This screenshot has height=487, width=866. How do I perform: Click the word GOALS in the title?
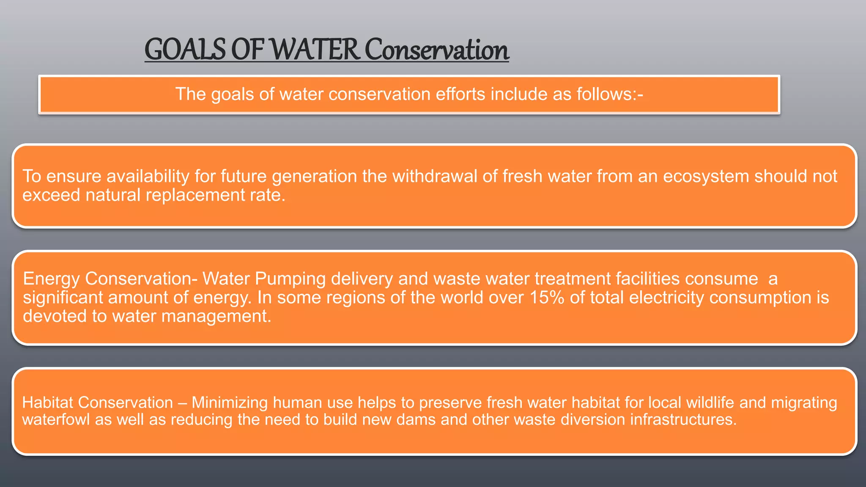pyautogui.click(x=185, y=50)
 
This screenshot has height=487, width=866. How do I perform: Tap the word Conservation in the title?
pyautogui.click(x=436, y=50)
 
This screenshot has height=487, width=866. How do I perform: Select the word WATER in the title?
pyautogui.click(x=315, y=50)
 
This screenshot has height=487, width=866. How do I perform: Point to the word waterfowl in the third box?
pyautogui.click(x=56, y=420)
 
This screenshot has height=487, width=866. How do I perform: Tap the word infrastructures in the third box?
pyautogui.click(x=683, y=420)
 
